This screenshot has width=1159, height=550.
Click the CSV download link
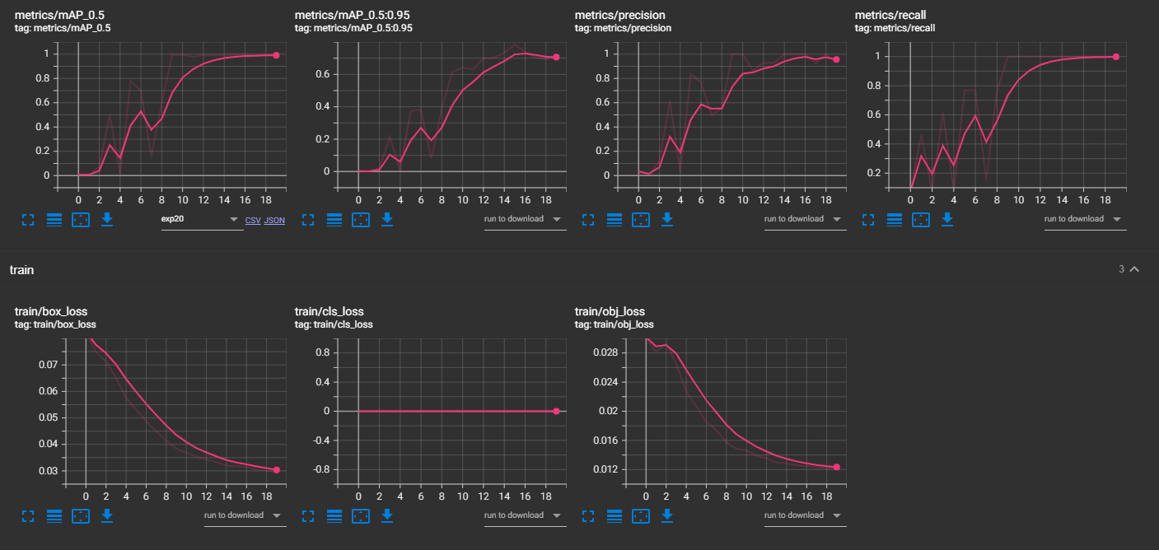pyautogui.click(x=253, y=221)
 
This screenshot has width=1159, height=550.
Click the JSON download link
pyautogui.click(x=274, y=221)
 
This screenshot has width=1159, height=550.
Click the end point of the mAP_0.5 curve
pyautogui.click(x=276, y=55)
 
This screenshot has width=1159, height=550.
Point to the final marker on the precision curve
pyautogui.click(x=836, y=59)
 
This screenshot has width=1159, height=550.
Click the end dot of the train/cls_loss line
pyautogui.click(x=556, y=411)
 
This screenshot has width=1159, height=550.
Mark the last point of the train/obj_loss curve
pyautogui.click(x=836, y=467)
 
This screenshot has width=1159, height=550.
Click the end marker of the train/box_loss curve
pyautogui.click(x=276, y=469)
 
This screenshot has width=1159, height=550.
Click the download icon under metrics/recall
pyautogui.click(x=947, y=219)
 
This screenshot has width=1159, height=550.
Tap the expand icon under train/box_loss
pyautogui.click(x=28, y=515)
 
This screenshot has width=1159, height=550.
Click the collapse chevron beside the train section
pyautogui.click(x=1134, y=269)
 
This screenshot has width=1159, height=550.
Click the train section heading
pyautogui.click(x=21, y=270)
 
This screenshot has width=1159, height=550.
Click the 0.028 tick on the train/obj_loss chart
pyautogui.click(x=607, y=352)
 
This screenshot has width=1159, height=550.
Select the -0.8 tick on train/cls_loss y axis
pyautogui.click(x=329, y=469)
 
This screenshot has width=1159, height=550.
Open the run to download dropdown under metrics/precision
pyautogui.click(x=805, y=219)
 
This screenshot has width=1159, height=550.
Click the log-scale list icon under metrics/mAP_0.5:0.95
pyautogui.click(x=334, y=219)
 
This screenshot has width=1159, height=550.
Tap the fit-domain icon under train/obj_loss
pyautogui.click(x=641, y=515)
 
